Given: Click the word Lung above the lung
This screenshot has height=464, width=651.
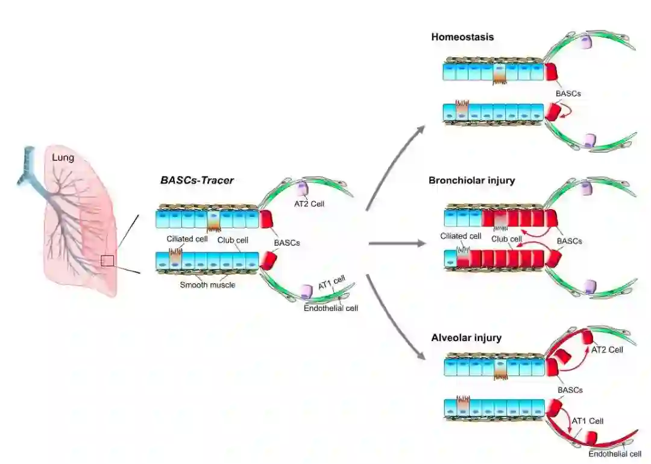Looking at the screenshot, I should click(x=63, y=158).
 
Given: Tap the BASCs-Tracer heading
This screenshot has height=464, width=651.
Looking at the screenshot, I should click(x=197, y=180).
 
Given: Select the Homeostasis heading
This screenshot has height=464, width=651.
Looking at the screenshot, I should click(x=462, y=37).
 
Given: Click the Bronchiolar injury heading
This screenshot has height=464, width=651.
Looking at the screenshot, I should click(x=472, y=180).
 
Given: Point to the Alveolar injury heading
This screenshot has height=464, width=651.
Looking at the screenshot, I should click(x=466, y=338).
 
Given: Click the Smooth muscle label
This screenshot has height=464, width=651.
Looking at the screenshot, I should click(x=207, y=284).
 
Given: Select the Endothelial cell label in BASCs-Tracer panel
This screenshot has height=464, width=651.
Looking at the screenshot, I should click(x=332, y=308).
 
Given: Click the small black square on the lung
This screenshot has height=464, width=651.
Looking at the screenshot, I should click(x=107, y=260).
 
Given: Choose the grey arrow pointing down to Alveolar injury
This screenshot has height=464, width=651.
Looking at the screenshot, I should click(x=395, y=319).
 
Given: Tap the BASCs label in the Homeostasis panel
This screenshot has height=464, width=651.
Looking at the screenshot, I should click(x=569, y=94).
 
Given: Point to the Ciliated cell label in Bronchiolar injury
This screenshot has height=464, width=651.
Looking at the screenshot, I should click(x=461, y=237).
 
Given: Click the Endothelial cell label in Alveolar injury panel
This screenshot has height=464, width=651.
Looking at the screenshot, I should click(x=614, y=454).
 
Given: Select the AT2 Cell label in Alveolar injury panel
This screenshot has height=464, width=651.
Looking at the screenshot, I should click(x=607, y=350).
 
